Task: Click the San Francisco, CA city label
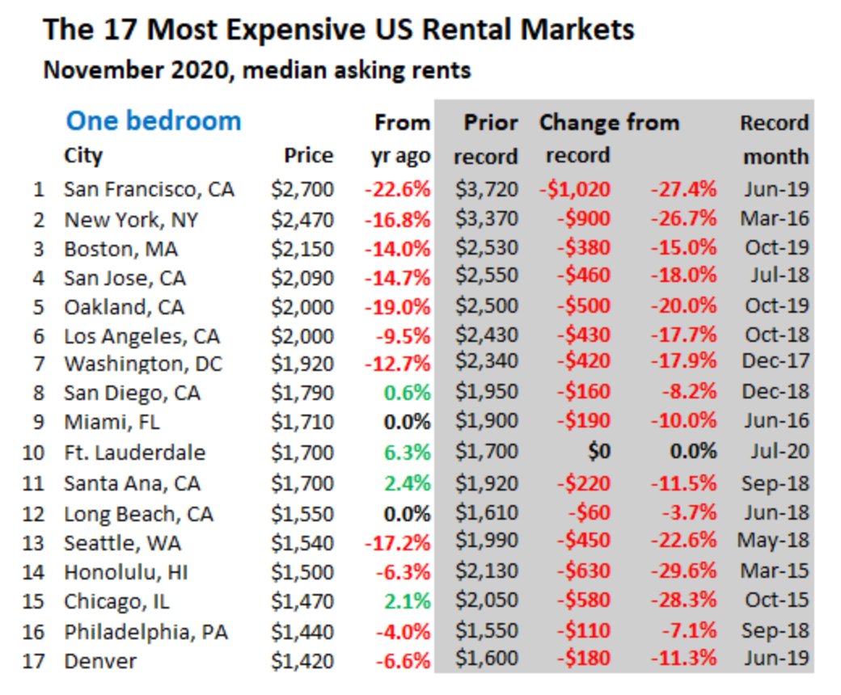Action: [149, 190]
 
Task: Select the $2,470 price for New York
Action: [302, 219]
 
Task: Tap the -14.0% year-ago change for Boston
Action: [397, 248]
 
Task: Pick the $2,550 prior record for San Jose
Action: [486, 276]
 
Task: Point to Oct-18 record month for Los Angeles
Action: [775, 335]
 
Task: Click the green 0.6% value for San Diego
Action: [408, 394]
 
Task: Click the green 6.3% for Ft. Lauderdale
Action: [408, 452]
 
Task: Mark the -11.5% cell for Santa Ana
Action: [683, 482]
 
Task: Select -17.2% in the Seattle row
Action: [397, 542]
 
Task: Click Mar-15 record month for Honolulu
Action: [774, 571]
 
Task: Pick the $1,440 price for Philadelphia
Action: [302, 631]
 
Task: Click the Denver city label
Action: [100, 661]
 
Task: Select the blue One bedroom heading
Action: [153, 121]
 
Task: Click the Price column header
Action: [308, 155]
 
